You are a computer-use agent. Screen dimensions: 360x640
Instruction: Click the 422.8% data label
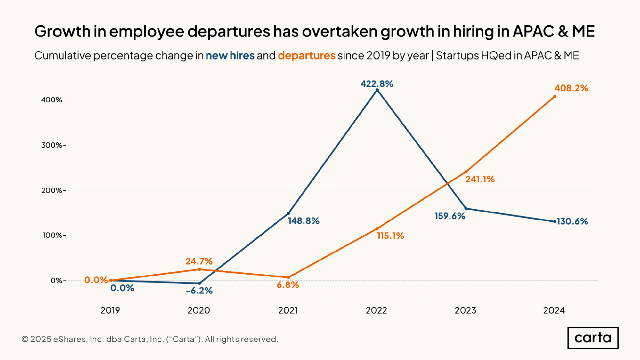pyautogui.click(x=377, y=84)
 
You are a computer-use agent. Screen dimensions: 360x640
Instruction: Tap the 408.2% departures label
pyautogui.click(x=571, y=88)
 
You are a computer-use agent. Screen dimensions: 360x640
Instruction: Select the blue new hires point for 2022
pyautogui.click(x=377, y=90)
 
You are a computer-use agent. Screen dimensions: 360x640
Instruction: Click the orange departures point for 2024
pyautogui.click(x=555, y=97)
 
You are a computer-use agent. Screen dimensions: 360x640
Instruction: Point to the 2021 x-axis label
pyautogui.click(x=288, y=310)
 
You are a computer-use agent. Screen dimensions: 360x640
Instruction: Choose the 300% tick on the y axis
pyautogui.click(x=52, y=145)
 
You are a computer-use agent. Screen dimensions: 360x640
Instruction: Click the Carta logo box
pyautogui.click(x=593, y=338)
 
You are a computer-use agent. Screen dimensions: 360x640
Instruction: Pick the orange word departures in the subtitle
pyautogui.click(x=306, y=56)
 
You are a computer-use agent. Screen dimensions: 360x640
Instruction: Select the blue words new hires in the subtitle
pyautogui.click(x=230, y=56)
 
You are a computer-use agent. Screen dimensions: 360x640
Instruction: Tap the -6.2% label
pyautogui.click(x=199, y=291)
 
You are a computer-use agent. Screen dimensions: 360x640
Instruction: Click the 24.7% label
pyautogui.click(x=199, y=261)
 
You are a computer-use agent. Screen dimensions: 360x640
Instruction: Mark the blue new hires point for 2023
pyautogui.click(x=466, y=209)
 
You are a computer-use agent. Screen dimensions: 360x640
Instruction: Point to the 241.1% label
pyautogui.click(x=480, y=179)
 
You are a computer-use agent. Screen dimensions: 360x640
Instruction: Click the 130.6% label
pyautogui.click(x=572, y=221)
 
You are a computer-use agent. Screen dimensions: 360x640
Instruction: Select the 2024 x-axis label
pyautogui.click(x=554, y=310)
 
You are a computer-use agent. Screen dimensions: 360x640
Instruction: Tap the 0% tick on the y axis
pyautogui.click(x=56, y=281)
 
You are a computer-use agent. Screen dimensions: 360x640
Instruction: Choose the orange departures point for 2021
pyautogui.click(x=288, y=277)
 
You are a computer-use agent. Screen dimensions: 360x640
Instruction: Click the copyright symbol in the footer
pyautogui.click(x=25, y=339)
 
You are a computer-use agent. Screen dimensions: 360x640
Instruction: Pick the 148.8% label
pyautogui.click(x=304, y=221)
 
